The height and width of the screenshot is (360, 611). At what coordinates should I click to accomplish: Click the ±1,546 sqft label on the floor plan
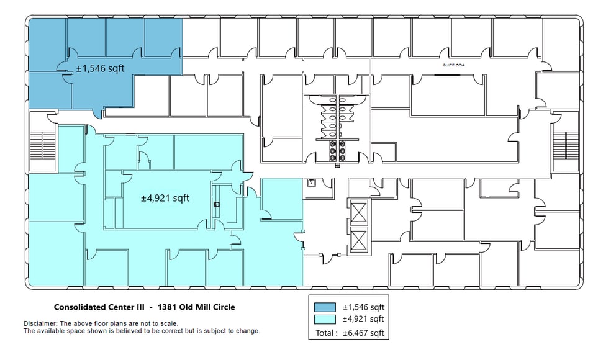pos(100,68)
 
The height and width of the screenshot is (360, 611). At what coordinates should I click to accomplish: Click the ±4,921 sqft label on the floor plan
pos(165,199)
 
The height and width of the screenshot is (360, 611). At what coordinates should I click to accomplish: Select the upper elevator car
pos(359,212)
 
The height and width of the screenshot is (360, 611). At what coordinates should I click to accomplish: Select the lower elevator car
pos(359,238)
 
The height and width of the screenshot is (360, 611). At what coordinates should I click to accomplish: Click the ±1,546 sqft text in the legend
pos(364,307)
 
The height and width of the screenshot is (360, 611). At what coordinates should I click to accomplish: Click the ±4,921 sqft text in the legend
pos(364,319)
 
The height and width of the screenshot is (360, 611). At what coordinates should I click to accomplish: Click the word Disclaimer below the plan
pos(40,323)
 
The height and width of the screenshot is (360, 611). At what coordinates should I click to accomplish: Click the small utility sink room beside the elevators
pos(312,183)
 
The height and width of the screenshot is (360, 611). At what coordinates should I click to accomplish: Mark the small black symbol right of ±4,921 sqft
pos(216,204)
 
